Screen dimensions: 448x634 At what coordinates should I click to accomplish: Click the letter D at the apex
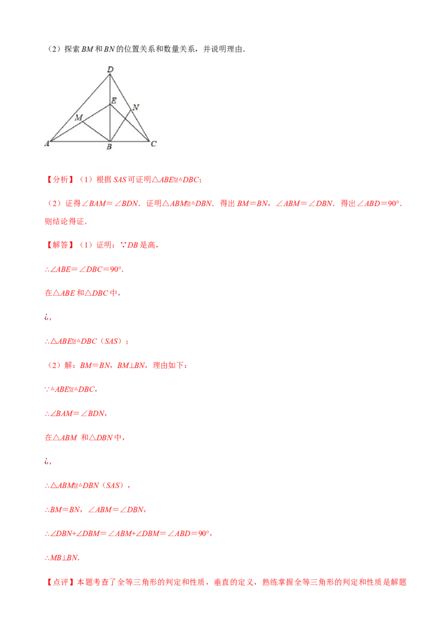(x=110, y=69)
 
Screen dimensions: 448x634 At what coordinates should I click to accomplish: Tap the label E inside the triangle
(x=113, y=101)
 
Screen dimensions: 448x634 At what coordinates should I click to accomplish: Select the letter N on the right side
(x=136, y=107)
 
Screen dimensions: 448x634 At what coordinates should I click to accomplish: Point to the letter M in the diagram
(x=78, y=118)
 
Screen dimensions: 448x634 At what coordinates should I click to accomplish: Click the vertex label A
(x=47, y=143)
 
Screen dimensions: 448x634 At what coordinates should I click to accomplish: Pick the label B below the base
(x=109, y=147)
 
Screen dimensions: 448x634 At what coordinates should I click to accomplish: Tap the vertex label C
(x=153, y=144)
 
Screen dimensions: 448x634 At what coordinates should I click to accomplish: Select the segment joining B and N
(x=121, y=123)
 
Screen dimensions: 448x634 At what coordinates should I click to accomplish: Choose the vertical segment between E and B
(x=110, y=123)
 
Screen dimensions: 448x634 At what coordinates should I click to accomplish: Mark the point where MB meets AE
(x=83, y=122)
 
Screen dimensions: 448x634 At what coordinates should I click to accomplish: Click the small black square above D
(x=110, y=64)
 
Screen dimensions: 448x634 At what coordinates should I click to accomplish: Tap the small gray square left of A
(x=42, y=146)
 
